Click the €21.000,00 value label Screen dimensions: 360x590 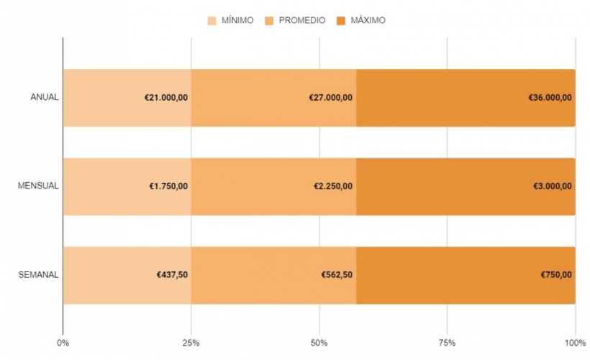pyautogui.click(x=166, y=97)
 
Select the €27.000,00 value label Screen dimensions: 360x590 pyautogui.click(x=331, y=97)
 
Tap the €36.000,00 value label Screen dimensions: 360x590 pyautogui.click(x=550, y=97)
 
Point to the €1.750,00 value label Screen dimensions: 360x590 pyautogui.click(x=168, y=186)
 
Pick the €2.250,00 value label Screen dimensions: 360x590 pyautogui.click(x=333, y=186)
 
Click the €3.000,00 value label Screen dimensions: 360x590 pyautogui.click(x=553, y=186)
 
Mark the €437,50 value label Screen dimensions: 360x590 pyautogui.click(x=173, y=274)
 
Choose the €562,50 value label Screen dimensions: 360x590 pyautogui.click(x=337, y=274)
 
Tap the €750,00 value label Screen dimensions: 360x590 pyautogui.click(x=557, y=274)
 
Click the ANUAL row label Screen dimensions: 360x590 pyautogui.click(x=44, y=97)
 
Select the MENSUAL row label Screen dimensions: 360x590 pyautogui.click(x=38, y=186)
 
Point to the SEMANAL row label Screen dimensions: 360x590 pyautogui.click(x=39, y=274)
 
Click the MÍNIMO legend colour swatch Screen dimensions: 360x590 pyautogui.click(x=212, y=20)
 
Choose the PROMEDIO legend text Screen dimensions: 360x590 pyautogui.click(x=302, y=20)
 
